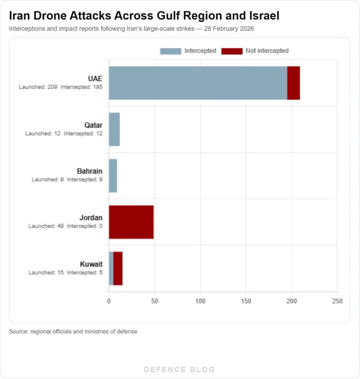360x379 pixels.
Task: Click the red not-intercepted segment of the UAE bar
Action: [x=293, y=83]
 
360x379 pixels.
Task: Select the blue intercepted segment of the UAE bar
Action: [x=198, y=83]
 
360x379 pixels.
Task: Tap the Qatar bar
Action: [x=114, y=129]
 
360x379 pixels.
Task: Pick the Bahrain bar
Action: [x=113, y=176]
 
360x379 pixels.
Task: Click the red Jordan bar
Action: [x=131, y=222]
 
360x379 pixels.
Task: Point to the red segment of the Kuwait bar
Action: [x=118, y=268]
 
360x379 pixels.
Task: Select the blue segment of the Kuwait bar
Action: [x=111, y=268]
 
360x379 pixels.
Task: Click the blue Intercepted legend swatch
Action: [x=171, y=51]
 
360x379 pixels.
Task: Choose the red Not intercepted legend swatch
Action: [x=232, y=51]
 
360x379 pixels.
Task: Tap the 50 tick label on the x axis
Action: [x=154, y=301]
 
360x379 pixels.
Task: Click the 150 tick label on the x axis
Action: [x=246, y=301]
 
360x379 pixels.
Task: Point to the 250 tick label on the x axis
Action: [x=337, y=301]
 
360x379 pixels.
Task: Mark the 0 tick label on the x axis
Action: [x=109, y=301]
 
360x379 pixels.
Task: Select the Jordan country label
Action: [x=91, y=218]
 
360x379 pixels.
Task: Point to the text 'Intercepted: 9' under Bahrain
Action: [x=85, y=180]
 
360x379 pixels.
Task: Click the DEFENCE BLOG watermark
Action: [x=180, y=370]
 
